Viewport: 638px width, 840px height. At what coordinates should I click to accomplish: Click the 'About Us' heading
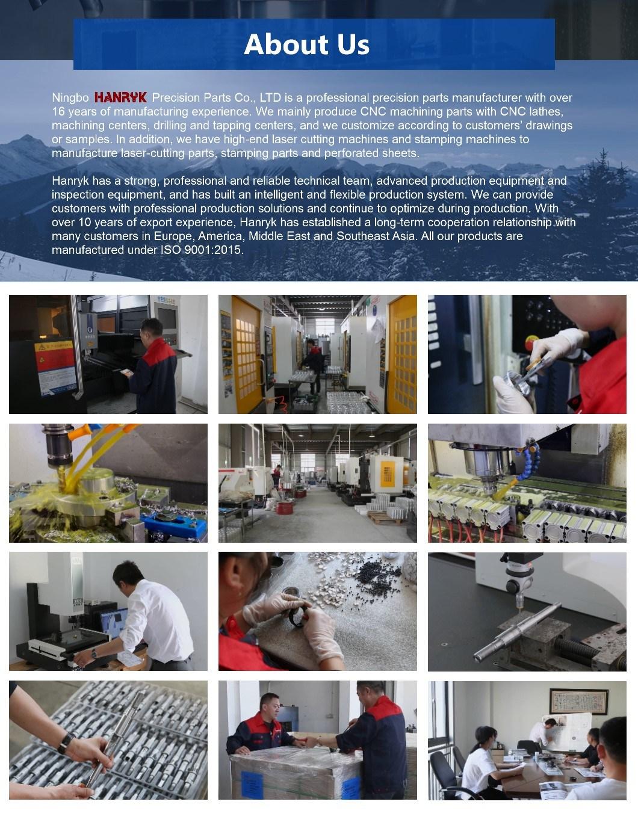(x=306, y=44)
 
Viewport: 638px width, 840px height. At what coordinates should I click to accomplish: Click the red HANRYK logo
(x=120, y=97)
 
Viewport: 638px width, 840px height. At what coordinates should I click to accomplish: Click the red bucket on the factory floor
(x=284, y=508)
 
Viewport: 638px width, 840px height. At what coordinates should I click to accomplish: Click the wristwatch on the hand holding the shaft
(x=66, y=742)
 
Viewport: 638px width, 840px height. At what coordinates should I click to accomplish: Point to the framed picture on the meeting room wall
(x=578, y=702)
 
